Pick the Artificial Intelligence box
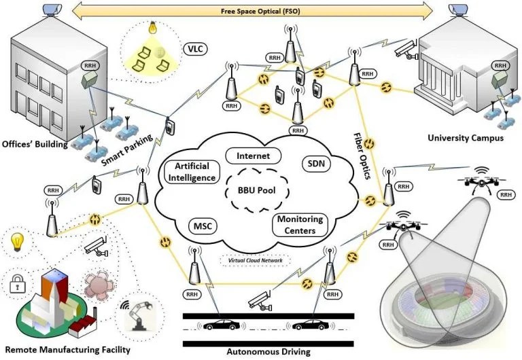191,173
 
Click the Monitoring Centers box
300,225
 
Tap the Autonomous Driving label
268,352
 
